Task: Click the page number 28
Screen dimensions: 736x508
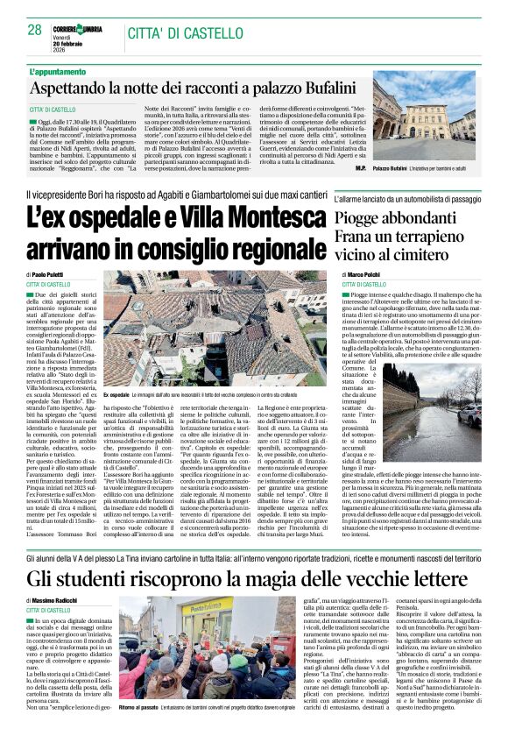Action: point(34,30)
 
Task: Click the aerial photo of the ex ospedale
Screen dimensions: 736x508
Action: point(215,333)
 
